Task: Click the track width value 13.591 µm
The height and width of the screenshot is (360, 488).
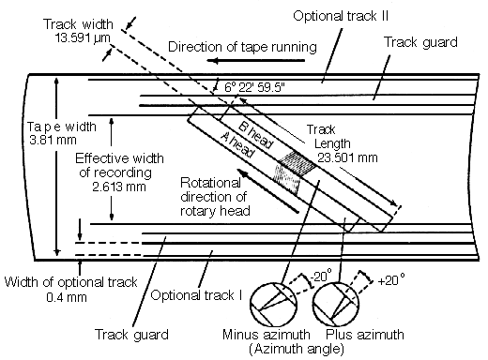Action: coord(83,38)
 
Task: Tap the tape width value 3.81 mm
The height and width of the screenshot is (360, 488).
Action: coord(53,140)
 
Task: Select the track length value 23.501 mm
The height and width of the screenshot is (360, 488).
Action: coord(347,157)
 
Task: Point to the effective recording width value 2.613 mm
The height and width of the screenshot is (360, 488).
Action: coord(119,187)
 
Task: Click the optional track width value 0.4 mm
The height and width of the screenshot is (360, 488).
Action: coord(67,296)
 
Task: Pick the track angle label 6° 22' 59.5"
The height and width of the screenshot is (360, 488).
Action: coord(254,87)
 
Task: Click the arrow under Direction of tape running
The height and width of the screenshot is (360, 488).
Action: coord(255,60)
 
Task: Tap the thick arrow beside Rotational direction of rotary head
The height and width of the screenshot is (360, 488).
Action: coord(267,191)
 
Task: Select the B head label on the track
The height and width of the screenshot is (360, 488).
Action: coord(256,134)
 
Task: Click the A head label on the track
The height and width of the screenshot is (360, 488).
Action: coord(237,145)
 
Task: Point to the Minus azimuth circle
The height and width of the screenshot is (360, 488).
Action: coord(273,304)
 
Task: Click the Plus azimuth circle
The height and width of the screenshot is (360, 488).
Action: coord(336,304)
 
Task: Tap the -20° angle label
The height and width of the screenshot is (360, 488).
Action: coord(321,277)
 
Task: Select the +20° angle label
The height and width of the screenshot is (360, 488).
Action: coord(391,280)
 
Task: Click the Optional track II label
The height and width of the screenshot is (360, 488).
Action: coord(341,16)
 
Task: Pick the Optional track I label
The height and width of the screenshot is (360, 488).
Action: coord(196,294)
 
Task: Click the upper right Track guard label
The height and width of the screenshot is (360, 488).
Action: coord(420,42)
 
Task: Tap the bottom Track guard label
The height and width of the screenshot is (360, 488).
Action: coord(131,335)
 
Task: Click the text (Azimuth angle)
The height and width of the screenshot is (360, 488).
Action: coord(297,349)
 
